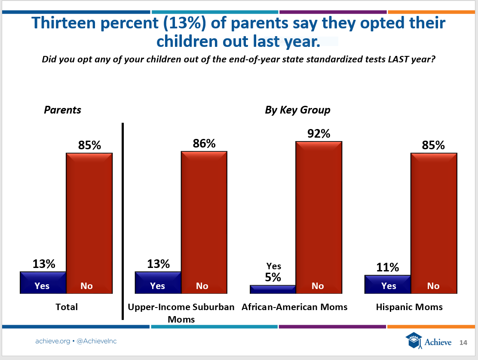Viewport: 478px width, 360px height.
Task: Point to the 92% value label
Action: point(319,134)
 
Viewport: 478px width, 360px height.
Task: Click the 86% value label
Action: point(204,144)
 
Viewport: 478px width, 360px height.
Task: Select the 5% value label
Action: point(273,277)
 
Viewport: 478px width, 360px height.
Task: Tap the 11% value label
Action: point(388,268)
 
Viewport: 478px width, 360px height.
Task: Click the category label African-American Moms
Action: point(294,307)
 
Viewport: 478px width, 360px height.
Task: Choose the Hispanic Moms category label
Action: point(409,307)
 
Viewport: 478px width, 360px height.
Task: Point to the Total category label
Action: point(67,307)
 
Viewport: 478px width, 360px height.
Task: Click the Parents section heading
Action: point(63,110)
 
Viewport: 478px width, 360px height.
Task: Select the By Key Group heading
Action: point(297,110)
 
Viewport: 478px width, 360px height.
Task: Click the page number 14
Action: point(463,342)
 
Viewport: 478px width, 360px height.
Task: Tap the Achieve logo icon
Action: point(413,341)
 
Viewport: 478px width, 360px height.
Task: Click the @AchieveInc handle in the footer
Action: point(96,341)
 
